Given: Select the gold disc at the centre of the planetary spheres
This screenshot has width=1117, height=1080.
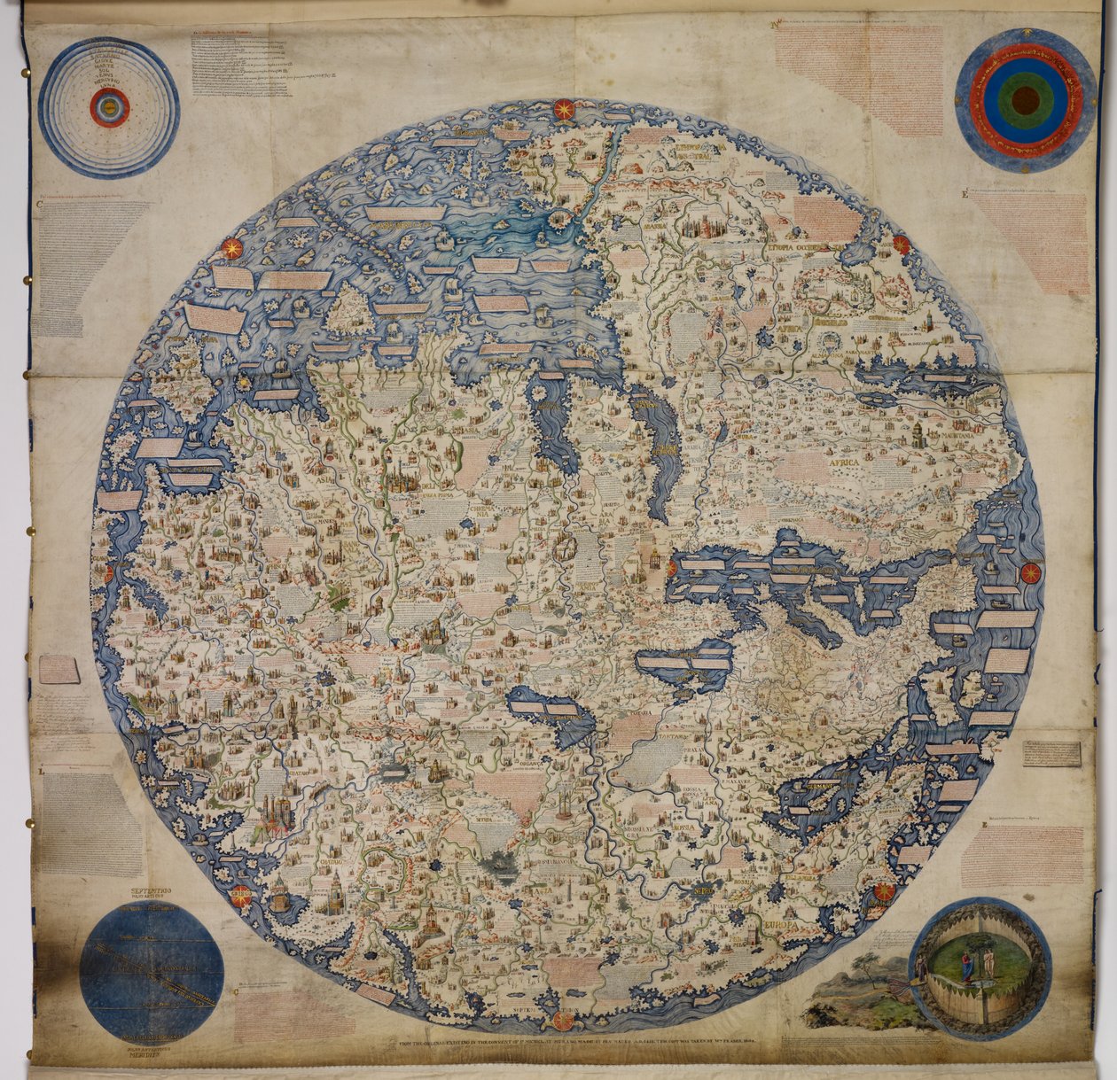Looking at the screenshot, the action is coord(109,109).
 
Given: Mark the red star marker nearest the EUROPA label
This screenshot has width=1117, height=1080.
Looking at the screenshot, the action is coord(884,890).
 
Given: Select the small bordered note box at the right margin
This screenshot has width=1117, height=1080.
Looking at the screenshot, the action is coord(1051,753).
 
